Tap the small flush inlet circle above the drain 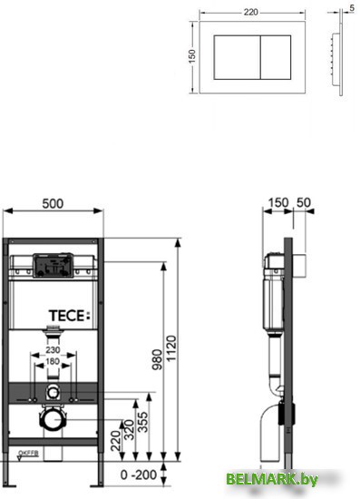pos(54,392)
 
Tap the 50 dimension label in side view pos(302,202)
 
